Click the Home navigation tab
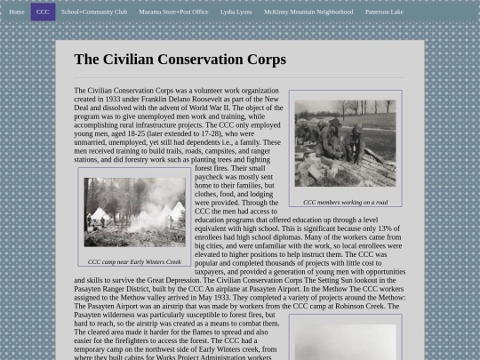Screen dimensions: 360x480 (16, 12)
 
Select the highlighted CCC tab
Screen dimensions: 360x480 (43, 12)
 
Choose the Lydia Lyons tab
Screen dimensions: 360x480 (236, 12)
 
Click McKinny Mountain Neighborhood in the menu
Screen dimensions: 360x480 (308, 12)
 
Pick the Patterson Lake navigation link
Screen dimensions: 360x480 (384, 12)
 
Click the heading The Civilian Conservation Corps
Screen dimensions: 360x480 (180, 60)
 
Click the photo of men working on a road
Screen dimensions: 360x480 (345, 143)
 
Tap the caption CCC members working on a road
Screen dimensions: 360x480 (345, 202)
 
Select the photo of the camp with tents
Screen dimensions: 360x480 (134, 212)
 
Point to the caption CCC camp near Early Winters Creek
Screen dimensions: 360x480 (134, 261)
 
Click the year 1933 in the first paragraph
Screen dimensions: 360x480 (121, 100)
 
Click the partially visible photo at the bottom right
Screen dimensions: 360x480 (345, 342)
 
